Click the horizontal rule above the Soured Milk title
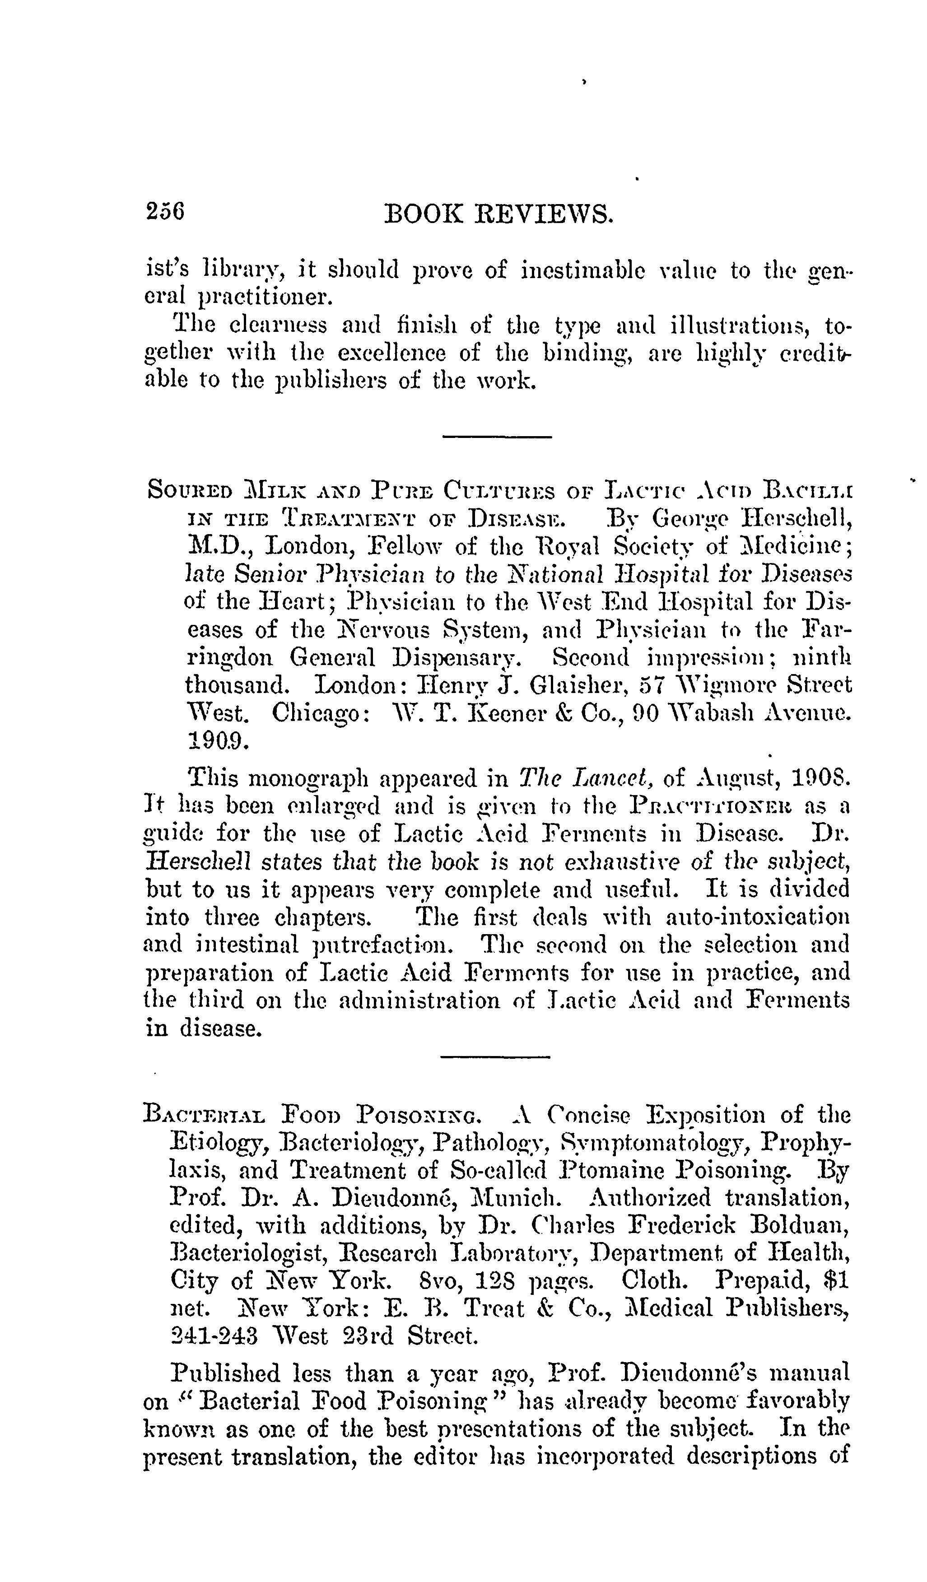(497, 437)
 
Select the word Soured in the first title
(189, 490)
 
